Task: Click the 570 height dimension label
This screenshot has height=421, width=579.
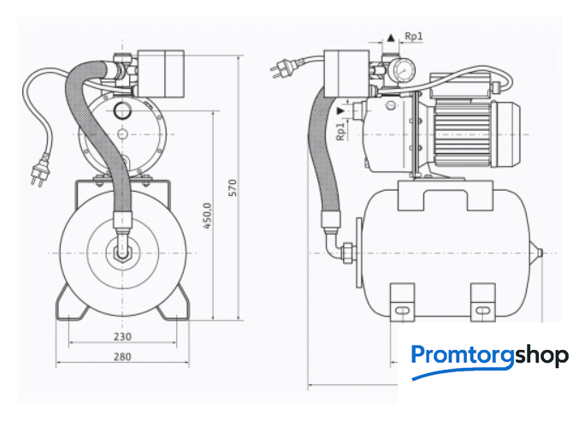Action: (x=233, y=187)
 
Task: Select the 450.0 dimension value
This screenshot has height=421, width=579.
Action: (x=207, y=216)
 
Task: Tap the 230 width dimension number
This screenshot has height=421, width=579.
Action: (x=122, y=337)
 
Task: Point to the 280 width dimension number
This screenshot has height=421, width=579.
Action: (x=122, y=357)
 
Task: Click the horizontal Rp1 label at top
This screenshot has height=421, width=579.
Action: (x=414, y=36)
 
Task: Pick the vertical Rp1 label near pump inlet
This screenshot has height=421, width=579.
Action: (x=340, y=132)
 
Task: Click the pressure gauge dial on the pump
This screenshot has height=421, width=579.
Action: (x=404, y=68)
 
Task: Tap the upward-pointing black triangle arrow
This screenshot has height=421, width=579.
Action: (x=391, y=38)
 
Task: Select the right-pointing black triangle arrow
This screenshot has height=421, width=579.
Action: (x=341, y=110)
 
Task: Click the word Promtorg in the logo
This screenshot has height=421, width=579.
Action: (x=463, y=355)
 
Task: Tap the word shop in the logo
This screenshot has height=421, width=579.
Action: (x=541, y=355)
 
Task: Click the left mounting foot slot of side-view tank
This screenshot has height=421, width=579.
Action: (x=402, y=310)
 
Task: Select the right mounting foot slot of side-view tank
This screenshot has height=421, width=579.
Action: (x=482, y=310)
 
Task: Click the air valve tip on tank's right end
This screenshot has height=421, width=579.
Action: (x=540, y=252)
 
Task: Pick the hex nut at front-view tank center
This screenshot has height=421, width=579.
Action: (x=122, y=252)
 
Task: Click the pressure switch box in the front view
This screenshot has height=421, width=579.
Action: (x=161, y=74)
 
